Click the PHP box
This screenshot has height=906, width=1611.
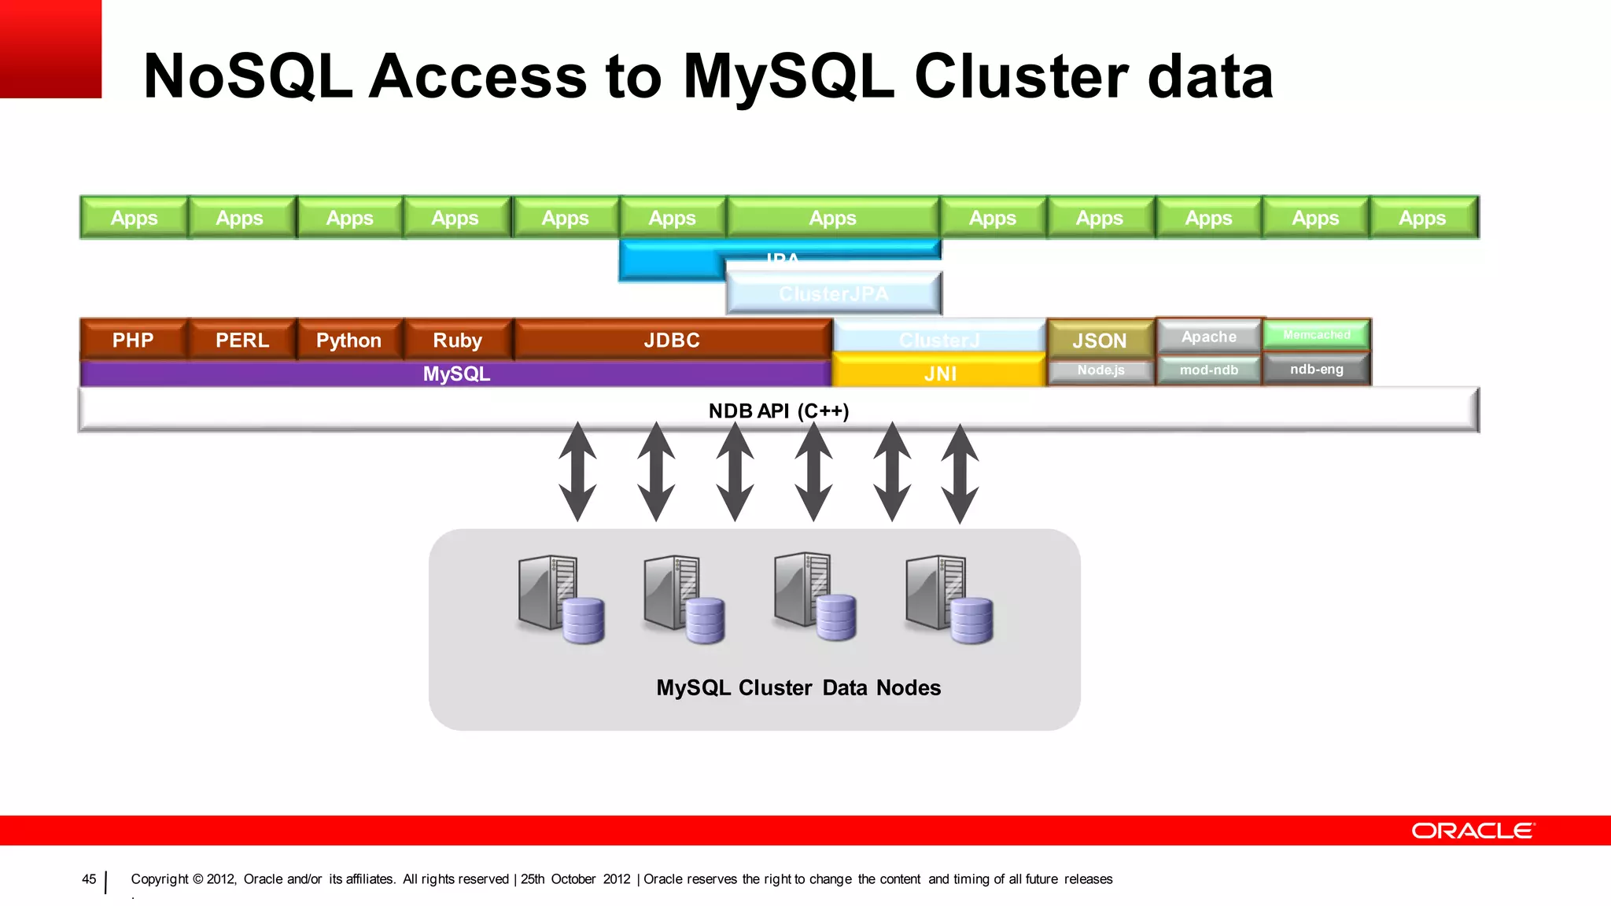pos(133,340)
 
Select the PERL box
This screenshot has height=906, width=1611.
pos(242,340)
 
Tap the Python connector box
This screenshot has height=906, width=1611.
pos(348,340)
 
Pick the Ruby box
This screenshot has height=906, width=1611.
pos(457,340)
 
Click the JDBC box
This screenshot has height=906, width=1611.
pos(672,340)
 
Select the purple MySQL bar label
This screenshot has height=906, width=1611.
pos(456,374)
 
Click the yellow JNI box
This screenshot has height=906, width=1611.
pos(940,373)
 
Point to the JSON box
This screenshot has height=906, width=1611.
pos(1100,340)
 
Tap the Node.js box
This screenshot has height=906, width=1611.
pos(1100,370)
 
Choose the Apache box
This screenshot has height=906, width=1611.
pos(1209,337)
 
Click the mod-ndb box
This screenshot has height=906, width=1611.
pos(1209,370)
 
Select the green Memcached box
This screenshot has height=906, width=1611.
pos(1316,335)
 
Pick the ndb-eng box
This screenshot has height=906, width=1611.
pos(1316,369)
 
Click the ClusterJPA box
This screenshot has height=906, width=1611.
pos(834,293)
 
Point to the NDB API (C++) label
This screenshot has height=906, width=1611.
pos(779,411)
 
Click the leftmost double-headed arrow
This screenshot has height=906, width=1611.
pos(577,472)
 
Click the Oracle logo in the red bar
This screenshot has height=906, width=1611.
pos(1472,830)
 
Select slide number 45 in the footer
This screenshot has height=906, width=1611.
pos(89,879)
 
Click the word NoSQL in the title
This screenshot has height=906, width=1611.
pos(248,76)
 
